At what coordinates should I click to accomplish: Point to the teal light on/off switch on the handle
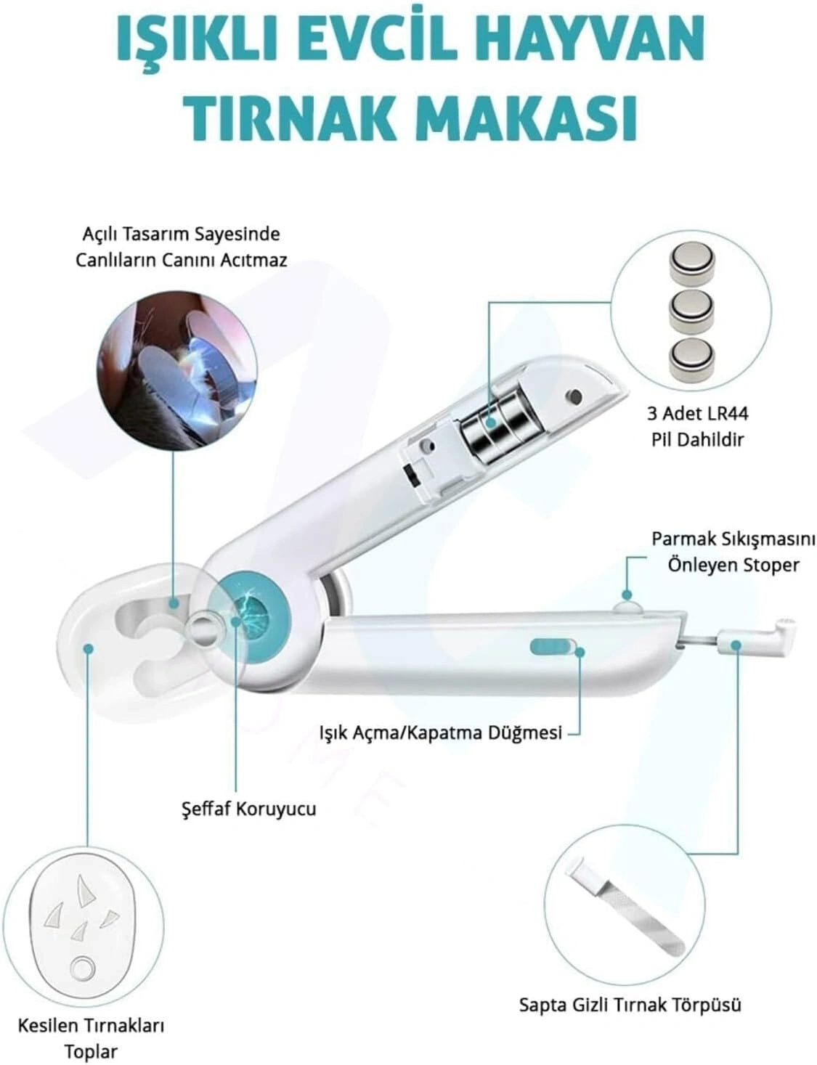[x=553, y=645]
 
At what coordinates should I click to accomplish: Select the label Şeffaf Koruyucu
[x=248, y=809]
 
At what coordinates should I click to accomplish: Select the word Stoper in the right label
[x=771, y=565]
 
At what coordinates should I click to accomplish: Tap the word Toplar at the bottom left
[x=92, y=1048]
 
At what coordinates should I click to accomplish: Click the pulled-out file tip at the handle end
[x=757, y=638]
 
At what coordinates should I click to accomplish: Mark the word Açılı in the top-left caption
[x=100, y=234]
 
